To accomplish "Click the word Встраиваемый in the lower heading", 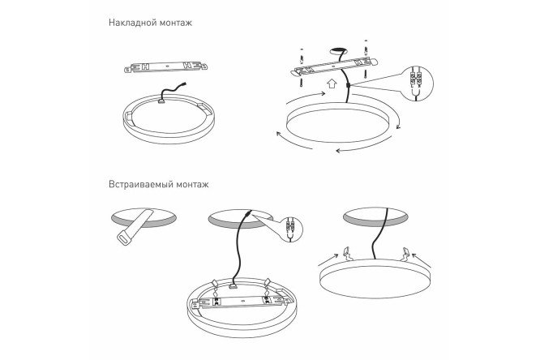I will pyautogui.click(x=142, y=184).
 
